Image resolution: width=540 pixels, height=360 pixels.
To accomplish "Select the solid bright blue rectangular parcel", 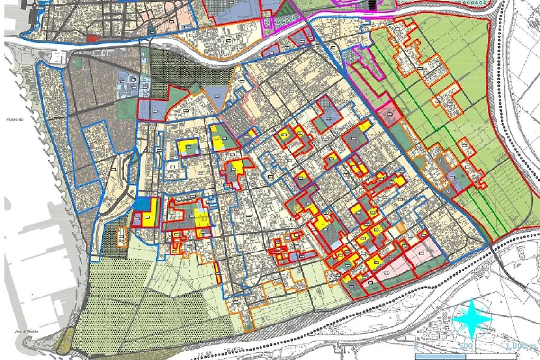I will pyautogui.click(x=142, y=204).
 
